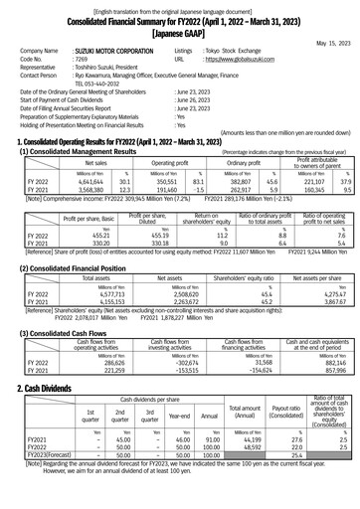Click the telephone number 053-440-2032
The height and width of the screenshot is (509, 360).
tap(104, 85)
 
